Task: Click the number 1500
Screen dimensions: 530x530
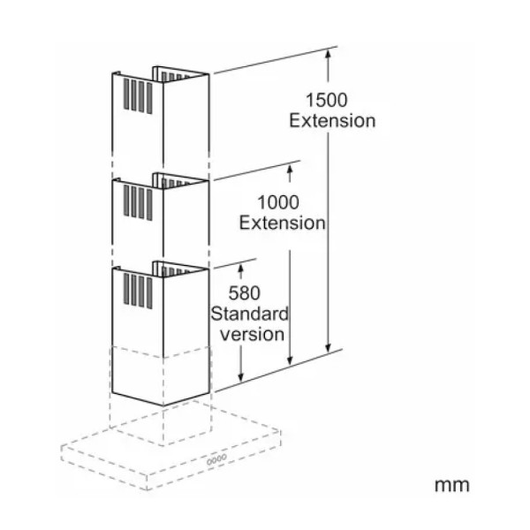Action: tap(326, 100)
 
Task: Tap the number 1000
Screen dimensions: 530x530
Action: tap(278, 202)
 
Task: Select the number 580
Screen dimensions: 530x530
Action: tap(244, 293)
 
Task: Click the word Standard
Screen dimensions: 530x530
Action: tap(249, 314)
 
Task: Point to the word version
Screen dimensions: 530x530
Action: tap(252, 335)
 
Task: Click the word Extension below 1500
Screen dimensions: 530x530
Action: tap(332, 121)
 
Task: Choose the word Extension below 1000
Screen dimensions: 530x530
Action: tap(283, 223)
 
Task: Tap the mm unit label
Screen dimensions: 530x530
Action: tap(452, 485)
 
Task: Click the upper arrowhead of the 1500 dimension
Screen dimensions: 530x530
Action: tap(328, 53)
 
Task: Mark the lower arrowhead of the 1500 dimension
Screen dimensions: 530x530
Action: tap(328, 348)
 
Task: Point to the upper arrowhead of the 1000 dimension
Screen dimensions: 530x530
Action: tap(290, 168)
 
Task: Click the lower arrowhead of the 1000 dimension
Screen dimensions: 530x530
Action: tap(290, 360)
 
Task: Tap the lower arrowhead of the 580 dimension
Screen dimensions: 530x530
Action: tap(240, 376)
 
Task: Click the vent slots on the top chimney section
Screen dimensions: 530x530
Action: tap(138, 96)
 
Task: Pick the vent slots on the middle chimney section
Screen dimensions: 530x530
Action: tap(138, 202)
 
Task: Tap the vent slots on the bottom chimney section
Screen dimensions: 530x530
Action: tap(138, 291)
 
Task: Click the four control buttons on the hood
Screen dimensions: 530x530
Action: tap(216, 459)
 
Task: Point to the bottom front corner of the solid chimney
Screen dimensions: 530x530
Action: tap(163, 405)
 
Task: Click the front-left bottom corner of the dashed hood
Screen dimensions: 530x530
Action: tap(148, 489)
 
